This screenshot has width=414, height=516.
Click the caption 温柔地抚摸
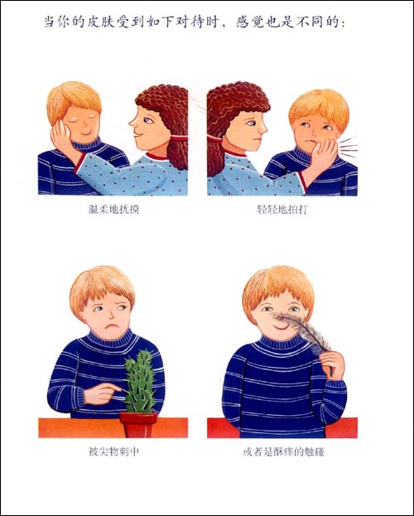coord(114,210)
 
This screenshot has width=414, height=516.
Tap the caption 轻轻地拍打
coord(282,210)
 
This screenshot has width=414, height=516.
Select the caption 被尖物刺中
coord(114,451)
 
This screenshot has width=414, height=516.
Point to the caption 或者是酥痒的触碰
coord(284,452)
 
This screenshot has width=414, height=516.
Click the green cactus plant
coord(141,382)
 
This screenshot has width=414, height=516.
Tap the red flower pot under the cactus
coord(138,425)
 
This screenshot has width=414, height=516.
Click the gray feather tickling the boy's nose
coord(303,330)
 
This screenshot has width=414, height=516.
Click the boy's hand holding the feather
coord(332,364)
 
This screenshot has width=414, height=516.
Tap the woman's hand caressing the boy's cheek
coord(62,138)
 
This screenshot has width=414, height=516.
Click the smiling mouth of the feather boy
coord(281,327)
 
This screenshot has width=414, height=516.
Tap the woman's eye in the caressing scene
coord(148,120)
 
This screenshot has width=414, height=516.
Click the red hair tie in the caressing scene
coord(178,138)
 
